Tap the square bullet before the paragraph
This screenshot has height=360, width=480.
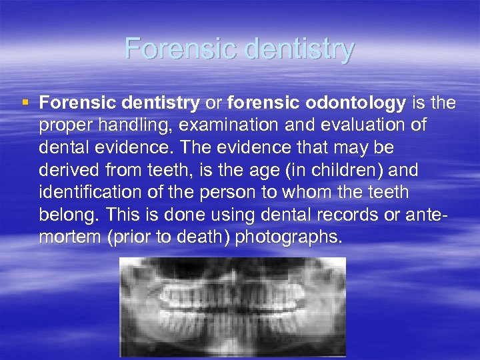(25, 103)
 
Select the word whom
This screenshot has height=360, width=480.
(311, 192)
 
